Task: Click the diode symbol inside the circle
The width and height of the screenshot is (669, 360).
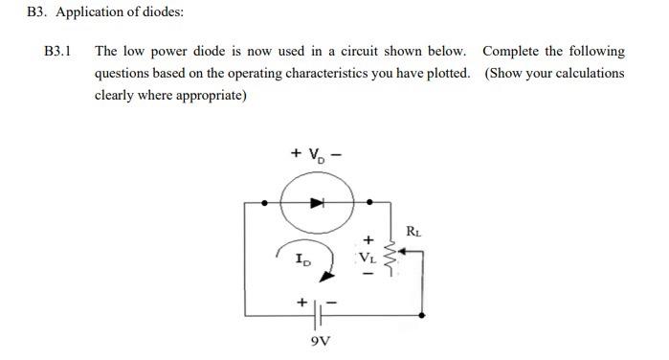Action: pos(317,202)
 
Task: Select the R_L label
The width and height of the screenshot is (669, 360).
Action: pos(413,230)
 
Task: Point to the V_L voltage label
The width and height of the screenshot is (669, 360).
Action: pos(368,257)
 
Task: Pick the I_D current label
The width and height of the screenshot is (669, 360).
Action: pos(302,259)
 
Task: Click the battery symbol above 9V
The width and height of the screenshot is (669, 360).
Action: pos(323,308)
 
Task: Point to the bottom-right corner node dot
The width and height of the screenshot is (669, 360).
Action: pos(422,313)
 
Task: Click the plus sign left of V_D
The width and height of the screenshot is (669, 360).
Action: pos(296,152)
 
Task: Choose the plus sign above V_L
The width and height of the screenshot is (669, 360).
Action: pos(367,237)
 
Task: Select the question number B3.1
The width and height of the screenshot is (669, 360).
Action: pos(58,51)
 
